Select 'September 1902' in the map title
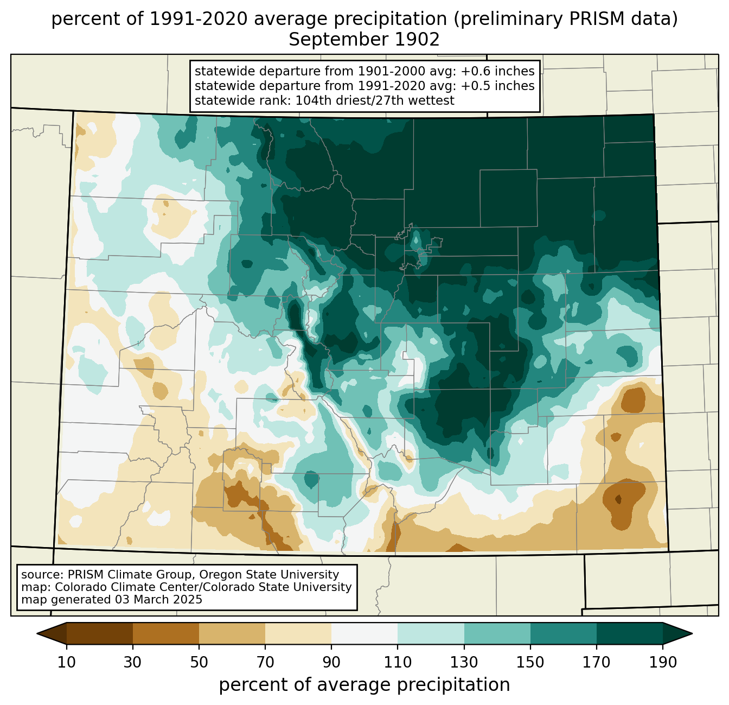coord(364,40)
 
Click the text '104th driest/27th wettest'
coord(375,100)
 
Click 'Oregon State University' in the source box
coord(269,575)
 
